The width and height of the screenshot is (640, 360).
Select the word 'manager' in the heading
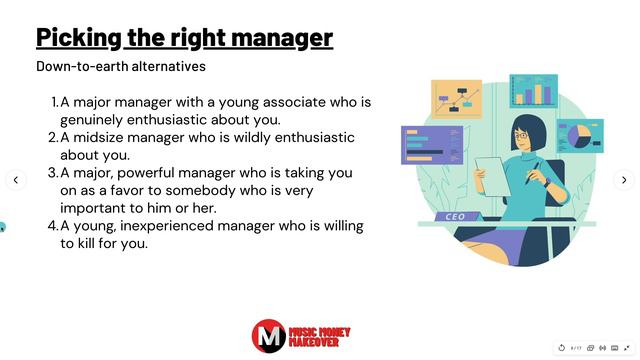click(290, 38)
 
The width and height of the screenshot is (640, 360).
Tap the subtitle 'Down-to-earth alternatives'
click(121, 67)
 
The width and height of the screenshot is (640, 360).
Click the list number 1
click(54, 102)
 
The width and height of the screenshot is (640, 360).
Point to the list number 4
click(54, 226)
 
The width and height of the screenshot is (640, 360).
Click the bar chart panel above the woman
click(533, 93)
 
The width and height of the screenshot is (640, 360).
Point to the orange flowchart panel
click(456, 99)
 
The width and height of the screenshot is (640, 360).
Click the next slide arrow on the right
click(624, 180)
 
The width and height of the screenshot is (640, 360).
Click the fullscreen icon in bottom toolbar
click(627, 348)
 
